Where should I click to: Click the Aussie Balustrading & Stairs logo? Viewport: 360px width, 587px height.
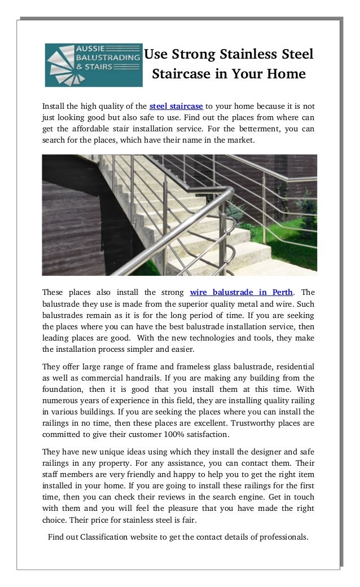(x=94, y=65)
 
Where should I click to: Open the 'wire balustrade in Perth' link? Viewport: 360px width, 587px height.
(x=242, y=292)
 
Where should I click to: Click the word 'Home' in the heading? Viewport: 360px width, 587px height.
(x=287, y=74)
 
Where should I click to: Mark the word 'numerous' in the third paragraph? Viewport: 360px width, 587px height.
(x=60, y=401)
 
